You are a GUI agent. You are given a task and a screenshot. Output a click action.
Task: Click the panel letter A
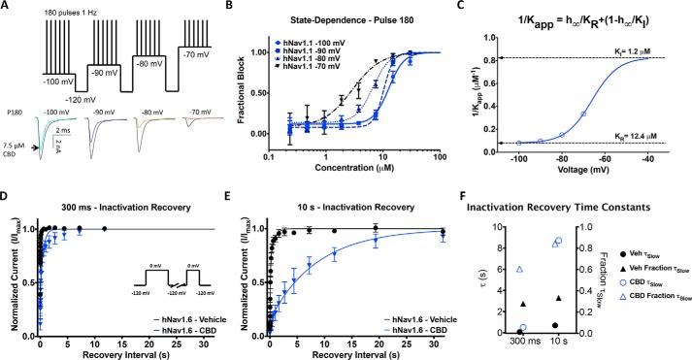[7, 7]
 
